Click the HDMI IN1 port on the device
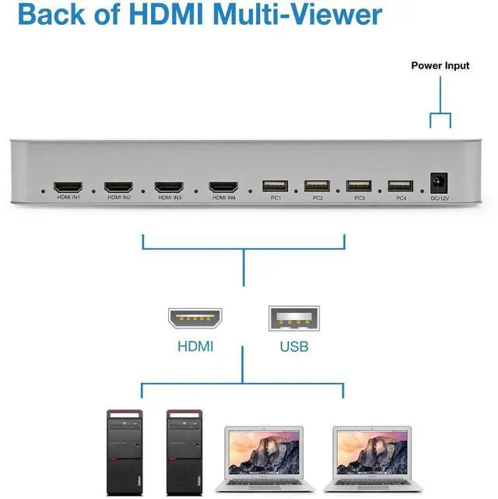pos(68,187)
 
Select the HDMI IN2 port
pos(118,187)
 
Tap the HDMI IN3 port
pos(169,187)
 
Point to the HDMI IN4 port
pos(223,187)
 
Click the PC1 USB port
pos(275,187)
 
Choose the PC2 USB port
pos(317,187)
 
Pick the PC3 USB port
pos(359,187)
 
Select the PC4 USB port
pos(400,187)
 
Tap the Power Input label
pos(440,65)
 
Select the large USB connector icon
pos(293,318)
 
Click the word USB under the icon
pos(293,346)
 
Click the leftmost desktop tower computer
pos(124,452)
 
